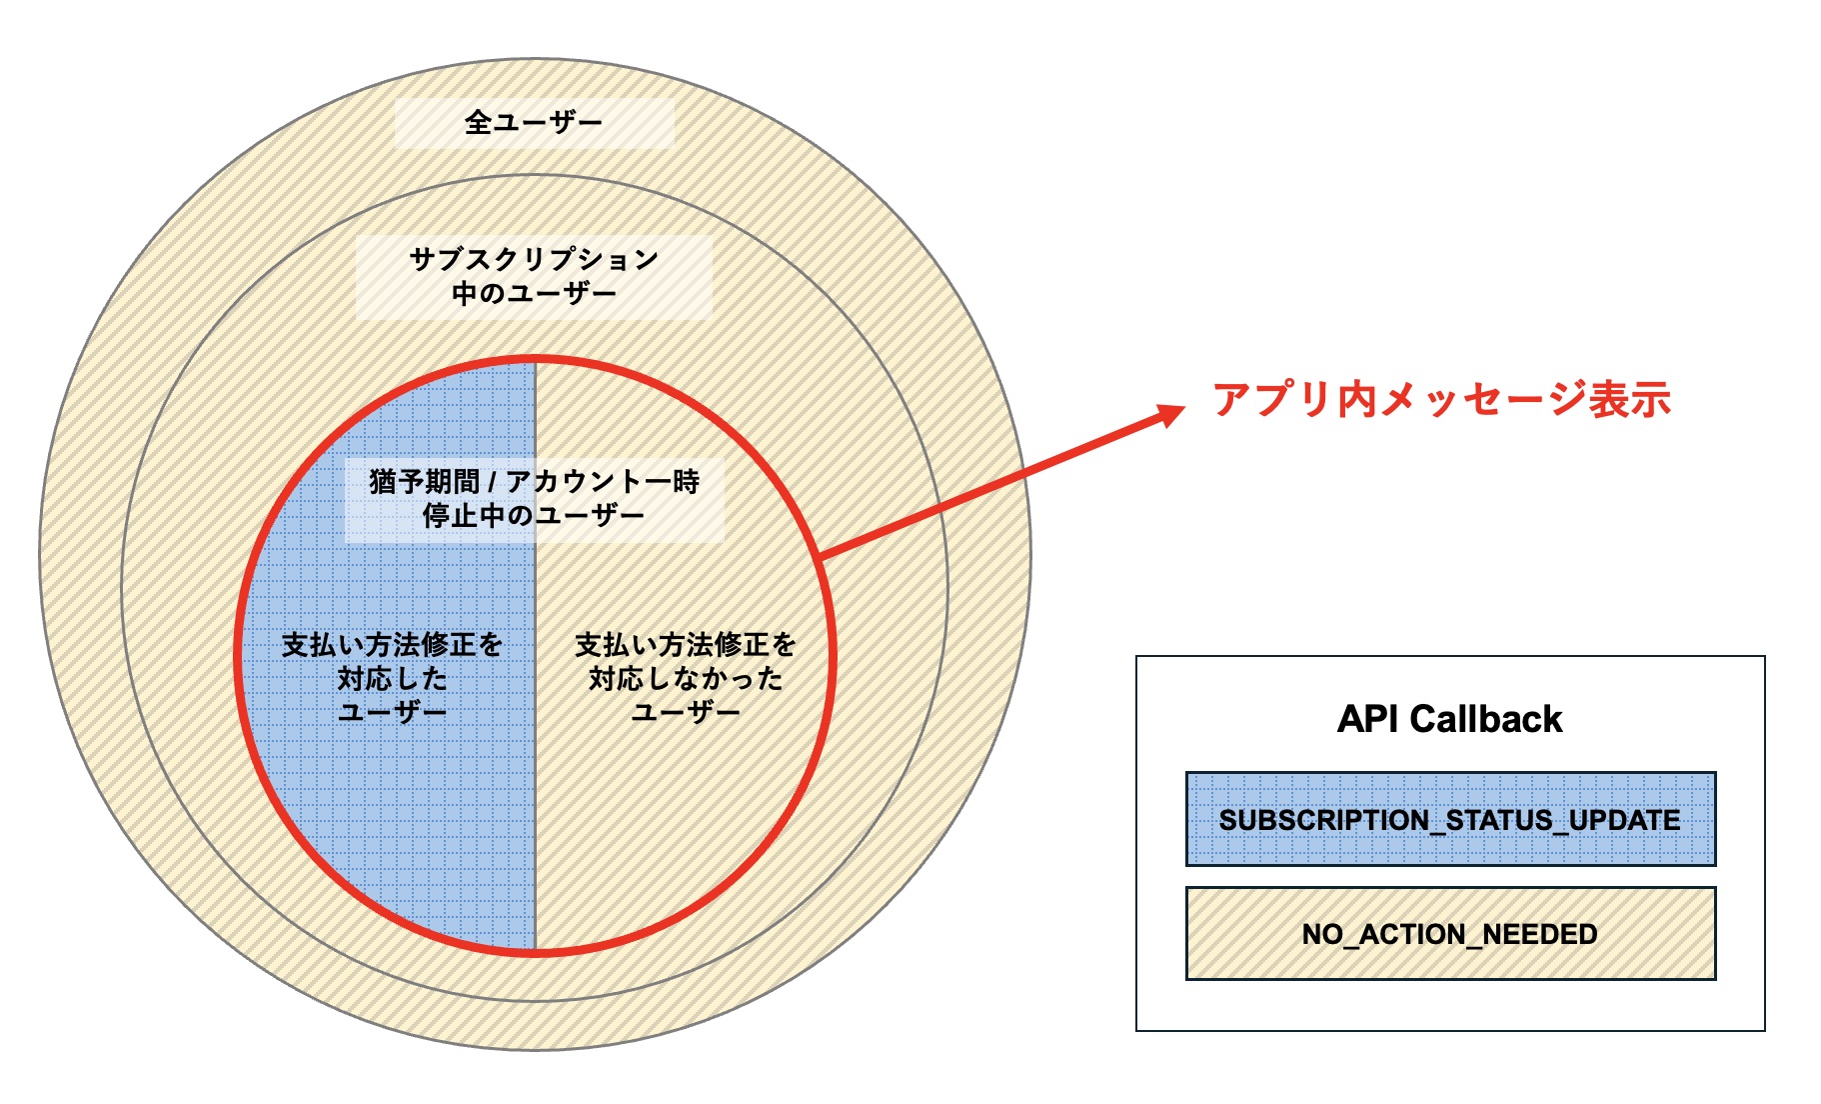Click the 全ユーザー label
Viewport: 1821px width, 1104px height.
pos(534,123)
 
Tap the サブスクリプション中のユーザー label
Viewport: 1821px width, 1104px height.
pos(534,276)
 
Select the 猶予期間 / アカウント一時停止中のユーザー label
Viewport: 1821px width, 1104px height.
pos(534,498)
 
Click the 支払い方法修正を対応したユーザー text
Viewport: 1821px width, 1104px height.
pos(392,678)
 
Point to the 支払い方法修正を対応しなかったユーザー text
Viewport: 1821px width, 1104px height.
pos(686,678)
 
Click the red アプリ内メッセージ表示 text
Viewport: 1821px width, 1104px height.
pos(1441,400)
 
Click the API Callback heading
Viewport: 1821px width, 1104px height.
pos(1449,719)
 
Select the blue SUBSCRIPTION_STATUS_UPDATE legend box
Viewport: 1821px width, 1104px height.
pos(1450,819)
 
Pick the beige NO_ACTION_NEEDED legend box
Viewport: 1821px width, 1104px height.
pos(1450,934)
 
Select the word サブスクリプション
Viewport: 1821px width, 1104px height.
pos(534,260)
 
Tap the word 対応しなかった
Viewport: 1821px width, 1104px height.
pos(686,679)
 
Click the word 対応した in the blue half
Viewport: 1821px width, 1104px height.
pos(392,679)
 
